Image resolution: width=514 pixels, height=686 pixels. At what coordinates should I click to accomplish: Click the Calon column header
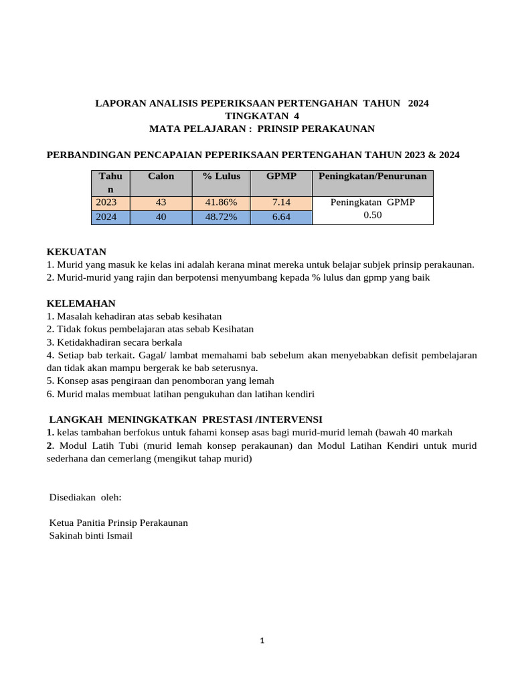coord(161,176)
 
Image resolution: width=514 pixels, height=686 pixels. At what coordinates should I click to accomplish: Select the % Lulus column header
coord(221,176)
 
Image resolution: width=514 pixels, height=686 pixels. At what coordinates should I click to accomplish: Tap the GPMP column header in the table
coord(280,176)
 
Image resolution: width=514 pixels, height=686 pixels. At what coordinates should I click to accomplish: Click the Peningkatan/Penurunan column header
coord(372,176)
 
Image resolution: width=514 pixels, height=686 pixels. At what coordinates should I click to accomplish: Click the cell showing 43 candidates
coord(161,203)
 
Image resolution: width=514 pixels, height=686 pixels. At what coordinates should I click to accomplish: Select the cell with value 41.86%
coord(221,203)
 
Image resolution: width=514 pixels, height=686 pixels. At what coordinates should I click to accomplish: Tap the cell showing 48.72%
coord(221,217)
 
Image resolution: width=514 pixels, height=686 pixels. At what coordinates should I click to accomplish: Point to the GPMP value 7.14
coord(280,203)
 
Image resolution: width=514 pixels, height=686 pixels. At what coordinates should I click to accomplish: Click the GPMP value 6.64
coord(280,217)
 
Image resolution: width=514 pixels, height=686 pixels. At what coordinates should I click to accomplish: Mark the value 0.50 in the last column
coord(372,216)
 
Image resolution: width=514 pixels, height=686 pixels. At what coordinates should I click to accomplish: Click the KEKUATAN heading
coord(76,252)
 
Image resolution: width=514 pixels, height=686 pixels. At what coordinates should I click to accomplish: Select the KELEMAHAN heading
coord(81,303)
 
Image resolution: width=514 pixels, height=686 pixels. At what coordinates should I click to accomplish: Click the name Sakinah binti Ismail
coord(91,535)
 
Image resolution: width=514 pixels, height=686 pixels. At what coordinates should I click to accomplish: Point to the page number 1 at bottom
coord(262,641)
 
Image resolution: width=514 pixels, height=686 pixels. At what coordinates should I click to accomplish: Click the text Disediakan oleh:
coord(86,498)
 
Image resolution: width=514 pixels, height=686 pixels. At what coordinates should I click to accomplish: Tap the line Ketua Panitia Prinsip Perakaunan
coord(118,523)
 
